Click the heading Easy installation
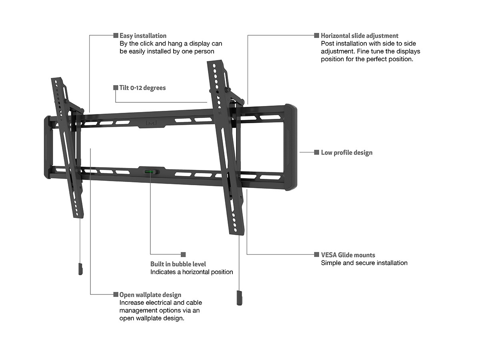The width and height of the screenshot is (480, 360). click(143, 36)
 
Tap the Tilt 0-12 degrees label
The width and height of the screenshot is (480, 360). click(142, 88)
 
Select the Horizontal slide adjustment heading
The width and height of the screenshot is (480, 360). click(360, 36)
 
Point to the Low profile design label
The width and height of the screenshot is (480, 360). click(346, 152)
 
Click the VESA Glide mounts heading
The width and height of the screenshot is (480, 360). click(348, 255)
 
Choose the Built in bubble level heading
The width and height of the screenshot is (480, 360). click(178, 264)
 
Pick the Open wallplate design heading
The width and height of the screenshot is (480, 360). click(150, 295)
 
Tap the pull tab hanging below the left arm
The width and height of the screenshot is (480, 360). click(80, 268)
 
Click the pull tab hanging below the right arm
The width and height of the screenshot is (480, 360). click(239, 298)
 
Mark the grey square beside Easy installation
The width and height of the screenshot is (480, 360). click(116, 36)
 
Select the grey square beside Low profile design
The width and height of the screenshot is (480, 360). click(317, 152)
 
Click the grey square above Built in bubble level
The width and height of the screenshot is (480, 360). click(184, 254)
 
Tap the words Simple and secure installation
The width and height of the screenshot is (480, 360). click(364, 263)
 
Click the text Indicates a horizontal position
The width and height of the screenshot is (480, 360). click(192, 272)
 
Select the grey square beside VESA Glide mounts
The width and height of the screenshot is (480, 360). click(317, 254)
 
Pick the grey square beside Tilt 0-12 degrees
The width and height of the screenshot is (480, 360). click(116, 88)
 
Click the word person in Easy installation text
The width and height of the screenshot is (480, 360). click(204, 51)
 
